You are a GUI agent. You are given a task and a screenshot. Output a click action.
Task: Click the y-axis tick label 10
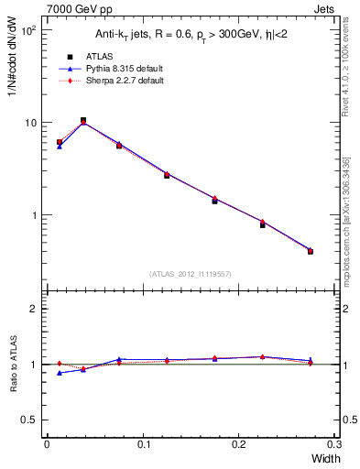pyautogui.click(x=30, y=123)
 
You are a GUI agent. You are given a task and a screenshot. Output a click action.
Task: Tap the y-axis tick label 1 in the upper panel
pyautogui.click(x=36, y=215)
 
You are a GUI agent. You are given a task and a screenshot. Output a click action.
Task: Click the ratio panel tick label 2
pyautogui.click(x=35, y=309)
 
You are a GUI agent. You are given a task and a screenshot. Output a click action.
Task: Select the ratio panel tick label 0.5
pyautogui.click(x=31, y=420)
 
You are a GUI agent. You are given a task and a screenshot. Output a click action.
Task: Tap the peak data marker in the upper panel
pyautogui.click(x=83, y=120)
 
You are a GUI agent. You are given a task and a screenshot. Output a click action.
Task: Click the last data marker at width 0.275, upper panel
pyautogui.click(x=311, y=251)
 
